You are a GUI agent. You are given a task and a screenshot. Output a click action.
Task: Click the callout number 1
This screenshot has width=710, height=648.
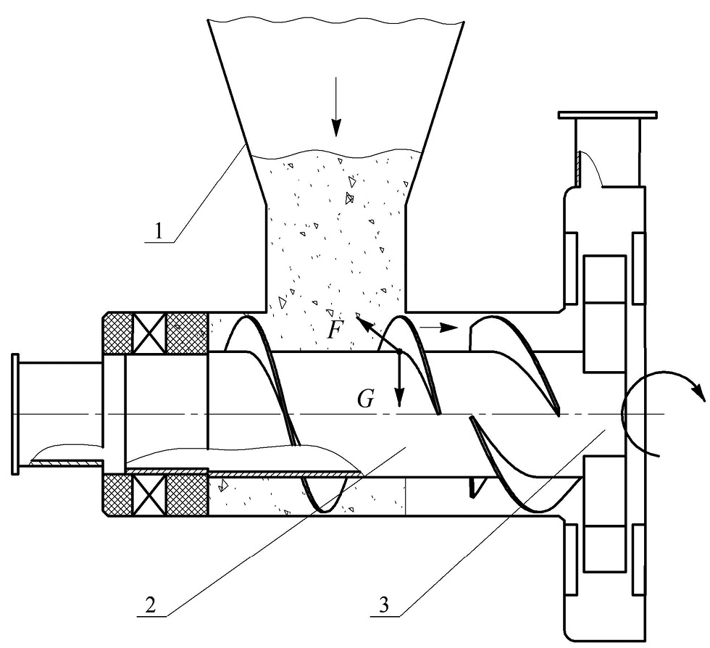[x=158, y=231]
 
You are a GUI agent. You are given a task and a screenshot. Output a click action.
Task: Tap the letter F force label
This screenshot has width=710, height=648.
[x=335, y=329]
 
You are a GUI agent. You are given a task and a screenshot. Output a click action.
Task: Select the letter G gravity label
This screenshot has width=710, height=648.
[x=365, y=399]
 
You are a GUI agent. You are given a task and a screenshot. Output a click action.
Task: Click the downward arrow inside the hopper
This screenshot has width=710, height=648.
[x=335, y=107]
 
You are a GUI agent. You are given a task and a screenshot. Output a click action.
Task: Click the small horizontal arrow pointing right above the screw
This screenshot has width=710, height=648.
[x=438, y=327]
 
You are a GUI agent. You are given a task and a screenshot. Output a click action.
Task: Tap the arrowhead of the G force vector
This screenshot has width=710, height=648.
[x=399, y=399]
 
